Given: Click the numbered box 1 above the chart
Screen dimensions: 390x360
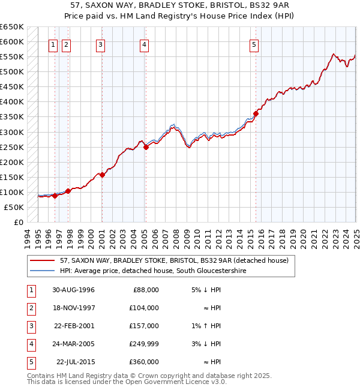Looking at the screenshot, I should pyautogui.click(x=53, y=44).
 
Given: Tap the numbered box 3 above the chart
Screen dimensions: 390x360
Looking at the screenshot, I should pyautogui.click(x=100, y=44).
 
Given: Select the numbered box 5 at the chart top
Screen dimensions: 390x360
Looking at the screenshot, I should pyautogui.click(x=254, y=44).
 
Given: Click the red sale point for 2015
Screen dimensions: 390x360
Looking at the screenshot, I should pyautogui.click(x=256, y=113).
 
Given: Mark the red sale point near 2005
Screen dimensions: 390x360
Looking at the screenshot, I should pyautogui.click(x=146, y=146).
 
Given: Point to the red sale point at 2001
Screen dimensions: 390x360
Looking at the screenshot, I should pyautogui.click(x=102, y=175).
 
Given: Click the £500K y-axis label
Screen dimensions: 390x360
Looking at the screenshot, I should pyautogui.click(x=12, y=72).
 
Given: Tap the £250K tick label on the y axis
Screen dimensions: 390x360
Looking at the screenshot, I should pyautogui.click(x=12, y=147).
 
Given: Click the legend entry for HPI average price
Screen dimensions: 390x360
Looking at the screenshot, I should pyautogui.click(x=153, y=271).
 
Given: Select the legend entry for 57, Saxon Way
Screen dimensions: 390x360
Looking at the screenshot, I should pyautogui.click(x=174, y=260).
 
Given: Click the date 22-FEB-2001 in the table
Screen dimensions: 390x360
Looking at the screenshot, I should pyautogui.click(x=73, y=326).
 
